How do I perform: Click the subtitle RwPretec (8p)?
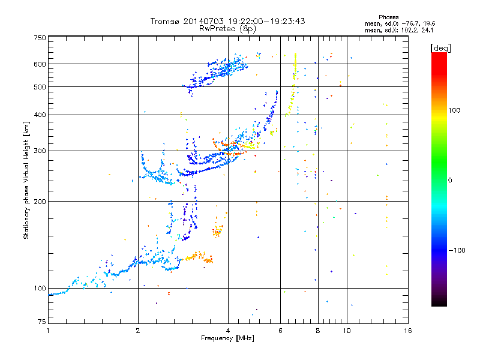click(227, 29)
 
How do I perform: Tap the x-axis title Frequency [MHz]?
click(227, 338)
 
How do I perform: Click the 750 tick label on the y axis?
click(40, 38)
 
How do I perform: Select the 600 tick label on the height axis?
click(40, 64)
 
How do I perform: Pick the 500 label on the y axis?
click(40, 87)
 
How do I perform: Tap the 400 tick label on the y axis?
click(40, 115)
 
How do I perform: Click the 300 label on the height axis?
click(40, 151)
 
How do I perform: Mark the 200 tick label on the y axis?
click(40, 202)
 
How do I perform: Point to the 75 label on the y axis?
click(42, 322)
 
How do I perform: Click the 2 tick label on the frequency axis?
click(138, 331)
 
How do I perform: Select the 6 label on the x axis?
click(280, 331)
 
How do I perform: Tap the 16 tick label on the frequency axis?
click(408, 331)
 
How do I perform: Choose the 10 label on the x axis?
click(347, 331)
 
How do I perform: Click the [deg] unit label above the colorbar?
click(440, 48)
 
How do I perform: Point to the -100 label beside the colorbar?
click(457, 250)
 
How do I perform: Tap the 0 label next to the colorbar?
click(450, 181)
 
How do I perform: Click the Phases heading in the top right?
click(388, 17)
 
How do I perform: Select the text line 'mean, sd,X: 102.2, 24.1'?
click(399, 31)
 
